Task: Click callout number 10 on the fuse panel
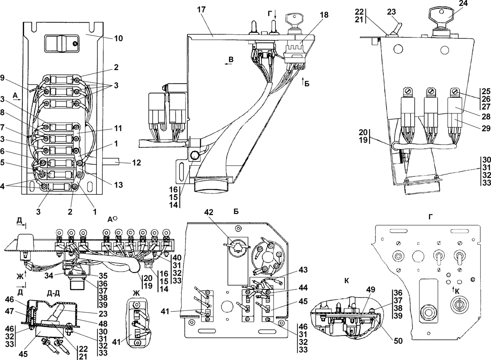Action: click(x=118, y=38)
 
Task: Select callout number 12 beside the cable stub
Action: click(x=136, y=163)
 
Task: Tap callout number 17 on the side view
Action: click(x=202, y=9)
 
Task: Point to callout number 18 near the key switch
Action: click(x=324, y=15)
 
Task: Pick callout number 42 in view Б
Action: click(x=209, y=212)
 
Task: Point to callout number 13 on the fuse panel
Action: click(x=118, y=185)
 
